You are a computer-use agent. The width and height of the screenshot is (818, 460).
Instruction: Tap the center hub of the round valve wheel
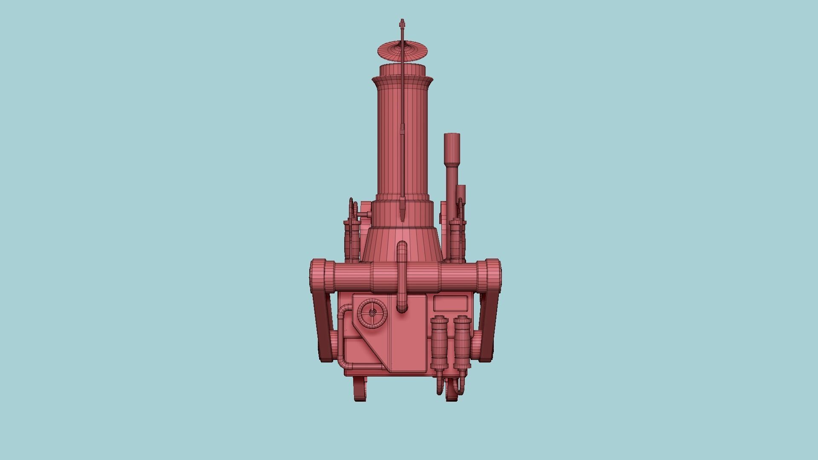(x=372, y=313)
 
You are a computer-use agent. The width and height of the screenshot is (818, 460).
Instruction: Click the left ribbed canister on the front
(x=439, y=343)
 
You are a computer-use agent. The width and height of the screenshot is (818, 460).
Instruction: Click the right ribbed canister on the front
(x=461, y=343)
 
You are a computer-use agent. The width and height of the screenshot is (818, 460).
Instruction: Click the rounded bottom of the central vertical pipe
(x=402, y=308)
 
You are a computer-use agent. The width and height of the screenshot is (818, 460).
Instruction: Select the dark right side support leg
(x=487, y=328)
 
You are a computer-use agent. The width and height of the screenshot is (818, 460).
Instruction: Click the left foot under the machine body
(x=360, y=390)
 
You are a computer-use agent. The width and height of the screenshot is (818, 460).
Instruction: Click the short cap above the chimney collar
(x=402, y=69)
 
